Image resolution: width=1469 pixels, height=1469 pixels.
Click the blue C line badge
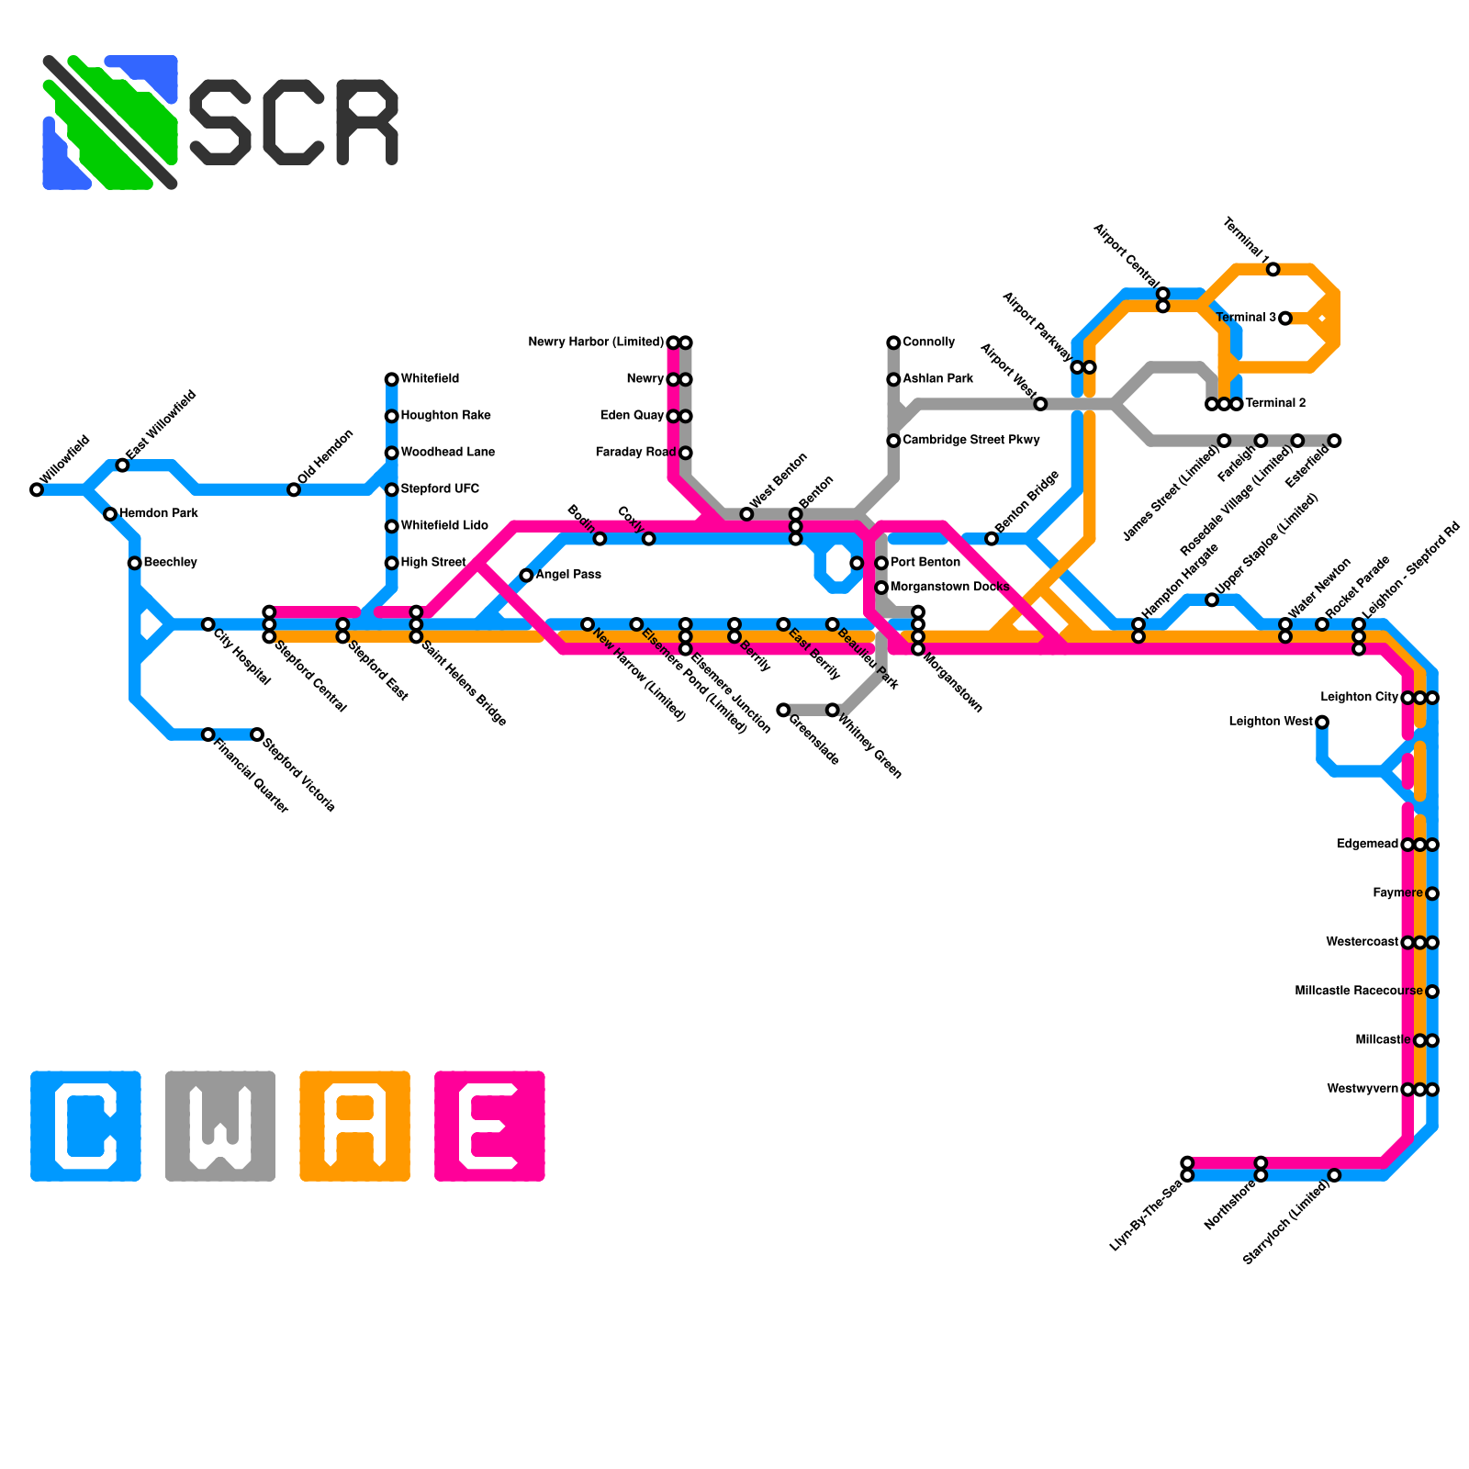click(x=85, y=1126)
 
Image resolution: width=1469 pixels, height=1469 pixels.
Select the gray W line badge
click(x=220, y=1126)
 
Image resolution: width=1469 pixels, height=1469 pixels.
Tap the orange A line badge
click(x=354, y=1126)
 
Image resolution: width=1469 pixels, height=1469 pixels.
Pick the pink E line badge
click(x=489, y=1126)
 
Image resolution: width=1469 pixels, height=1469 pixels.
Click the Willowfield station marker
click(x=37, y=489)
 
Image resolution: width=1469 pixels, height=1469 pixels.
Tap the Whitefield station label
click(x=430, y=379)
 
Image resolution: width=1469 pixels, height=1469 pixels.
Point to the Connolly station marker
click(x=893, y=342)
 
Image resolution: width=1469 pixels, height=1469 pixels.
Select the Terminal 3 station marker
click(x=1285, y=319)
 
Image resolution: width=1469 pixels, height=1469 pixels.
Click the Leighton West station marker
click(x=1322, y=723)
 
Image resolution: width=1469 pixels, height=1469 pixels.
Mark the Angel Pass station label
click(x=568, y=575)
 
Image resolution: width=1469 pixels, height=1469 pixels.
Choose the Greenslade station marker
click(x=783, y=710)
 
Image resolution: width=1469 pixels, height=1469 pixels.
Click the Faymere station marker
click(x=1432, y=893)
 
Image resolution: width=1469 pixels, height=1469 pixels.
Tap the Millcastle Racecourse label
click(x=1358, y=992)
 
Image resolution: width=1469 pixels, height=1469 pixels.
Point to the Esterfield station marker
click(x=1335, y=441)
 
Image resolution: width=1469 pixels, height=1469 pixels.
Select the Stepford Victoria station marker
click(x=257, y=734)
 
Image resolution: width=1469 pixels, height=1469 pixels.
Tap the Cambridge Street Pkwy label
click(x=970, y=441)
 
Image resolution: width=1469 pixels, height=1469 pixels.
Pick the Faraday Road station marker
click(x=685, y=453)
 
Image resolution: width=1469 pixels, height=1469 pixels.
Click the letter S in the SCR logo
click(x=220, y=122)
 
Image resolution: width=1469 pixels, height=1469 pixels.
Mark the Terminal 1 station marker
click(x=1273, y=269)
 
